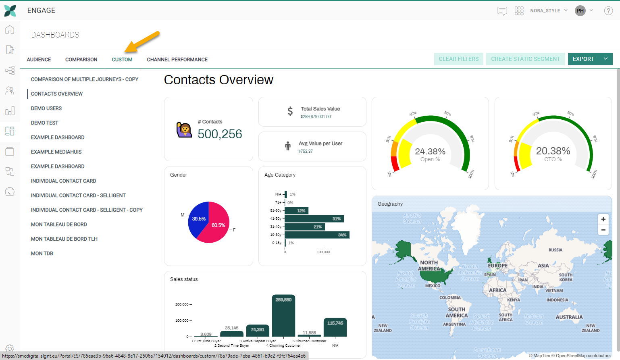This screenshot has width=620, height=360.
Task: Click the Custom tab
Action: point(122,60)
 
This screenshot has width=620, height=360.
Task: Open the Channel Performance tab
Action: point(177,60)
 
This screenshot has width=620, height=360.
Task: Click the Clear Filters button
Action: point(459,59)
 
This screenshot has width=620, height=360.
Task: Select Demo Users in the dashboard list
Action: point(46,108)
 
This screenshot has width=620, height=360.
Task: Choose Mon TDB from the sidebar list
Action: point(42,254)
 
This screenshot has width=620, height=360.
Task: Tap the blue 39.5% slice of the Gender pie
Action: point(198,220)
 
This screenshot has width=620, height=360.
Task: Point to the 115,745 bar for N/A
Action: point(335,327)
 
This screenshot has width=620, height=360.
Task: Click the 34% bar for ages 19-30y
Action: point(316,235)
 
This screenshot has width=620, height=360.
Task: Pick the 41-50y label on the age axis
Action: point(276,218)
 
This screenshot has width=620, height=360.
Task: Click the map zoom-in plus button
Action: point(603,219)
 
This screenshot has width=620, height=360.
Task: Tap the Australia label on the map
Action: point(569,317)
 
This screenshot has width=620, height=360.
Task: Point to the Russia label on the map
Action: point(555,250)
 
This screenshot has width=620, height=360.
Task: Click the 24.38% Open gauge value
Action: point(430,152)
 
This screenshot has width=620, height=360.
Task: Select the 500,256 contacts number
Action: point(220,134)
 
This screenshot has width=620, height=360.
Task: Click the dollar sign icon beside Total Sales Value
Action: point(290,111)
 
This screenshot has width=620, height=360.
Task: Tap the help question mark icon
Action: point(608,11)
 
